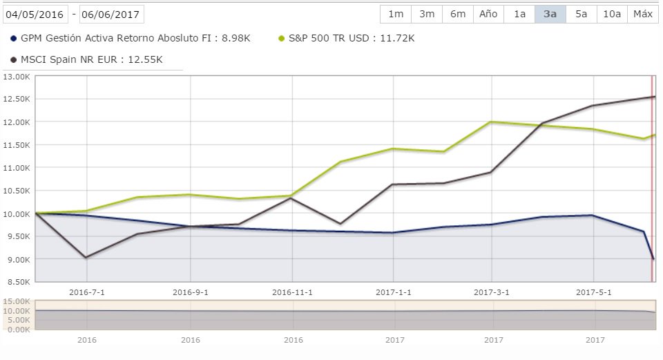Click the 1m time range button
pyautogui.click(x=396, y=14)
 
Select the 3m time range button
pyautogui.click(x=427, y=14)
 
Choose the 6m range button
pyautogui.click(x=457, y=14)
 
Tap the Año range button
pyautogui.click(x=488, y=14)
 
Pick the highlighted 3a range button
pyautogui.click(x=550, y=14)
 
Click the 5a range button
pyautogui.click(x=582, y=14)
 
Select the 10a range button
pyautogui.click(x=612, y=14)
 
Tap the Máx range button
pyautogui.click(x=643, y=14)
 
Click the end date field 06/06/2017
pyautogui.click(x=112, y=14)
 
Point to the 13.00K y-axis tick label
pyautogui.click(x=17, y=76)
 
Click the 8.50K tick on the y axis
pyautogui.click(x=17, y=282)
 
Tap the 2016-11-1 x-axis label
pyautogui.click(x=292, y=292)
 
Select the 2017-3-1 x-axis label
pyautogui.click(x=492, y=292)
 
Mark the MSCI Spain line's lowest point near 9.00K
pyautogui.click(x=86, y=258)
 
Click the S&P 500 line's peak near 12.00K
pyautogui.click(x=491, y=122)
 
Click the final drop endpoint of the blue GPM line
pyautogui.click(x=653, y=259)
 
